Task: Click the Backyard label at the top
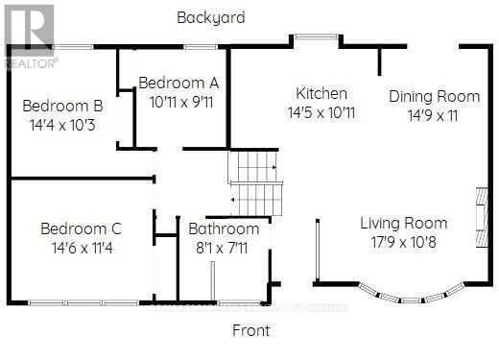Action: pos(211,17)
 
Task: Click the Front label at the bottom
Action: pos(251,330)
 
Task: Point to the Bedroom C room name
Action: pos(81,228)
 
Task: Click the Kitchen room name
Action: pos(321,94)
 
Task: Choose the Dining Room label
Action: pos(434,96)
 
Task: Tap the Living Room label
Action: pos(404,224)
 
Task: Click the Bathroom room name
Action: pos(224,229)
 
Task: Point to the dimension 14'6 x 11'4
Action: pos(81,247)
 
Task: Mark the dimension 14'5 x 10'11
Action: pos(321,112)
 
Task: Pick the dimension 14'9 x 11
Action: pos(434,114)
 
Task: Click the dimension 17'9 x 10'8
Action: pos(404,242)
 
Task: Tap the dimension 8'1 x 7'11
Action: pos(224,248)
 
